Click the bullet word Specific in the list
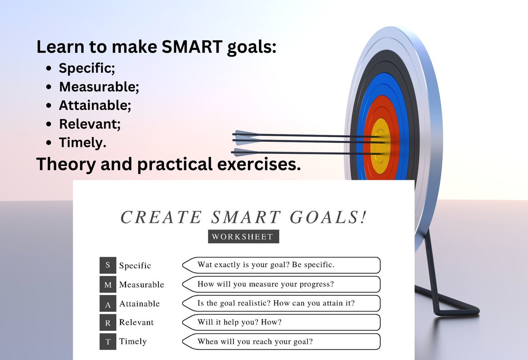[x=87, y=68]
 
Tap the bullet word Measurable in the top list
[x=99, y=87]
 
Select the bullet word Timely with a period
[x=82, y=142]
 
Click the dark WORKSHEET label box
[x=243, y=236]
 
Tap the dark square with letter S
[x=107, y=265]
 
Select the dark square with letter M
[x=107, y=284]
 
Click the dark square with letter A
[x=107, y=303]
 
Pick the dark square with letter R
[x=107, y=322]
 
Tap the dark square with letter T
[x=107, y=341]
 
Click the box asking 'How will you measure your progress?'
[x=282, y=284]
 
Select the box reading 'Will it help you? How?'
[x=282, y=322]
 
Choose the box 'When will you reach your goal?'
[x=282, y=341]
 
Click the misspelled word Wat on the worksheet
[x=205, y=265]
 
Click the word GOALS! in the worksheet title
[x=328, y=217]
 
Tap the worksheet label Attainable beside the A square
[x=139, y=304]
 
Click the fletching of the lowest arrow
[x=242, y=152]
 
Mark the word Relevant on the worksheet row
[x=136, y=322]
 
